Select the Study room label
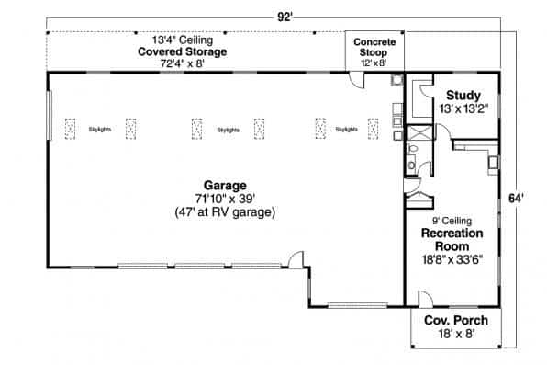point(463,96)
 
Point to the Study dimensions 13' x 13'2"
point(463,108)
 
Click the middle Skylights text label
point(229,130)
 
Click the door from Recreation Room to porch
point(425,300)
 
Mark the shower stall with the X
point(418,135)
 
